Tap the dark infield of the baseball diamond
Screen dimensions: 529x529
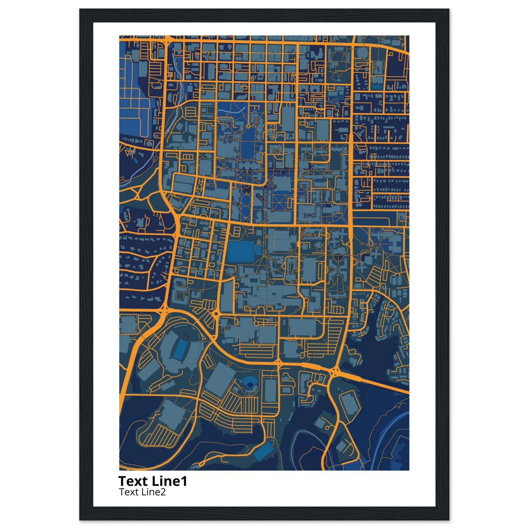pyautogui.click(x=250, y=385)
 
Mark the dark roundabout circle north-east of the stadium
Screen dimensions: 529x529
pyautogui.click(x=216, y=314)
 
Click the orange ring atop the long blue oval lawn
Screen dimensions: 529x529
pyautogui.click(x=248, y=126)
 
